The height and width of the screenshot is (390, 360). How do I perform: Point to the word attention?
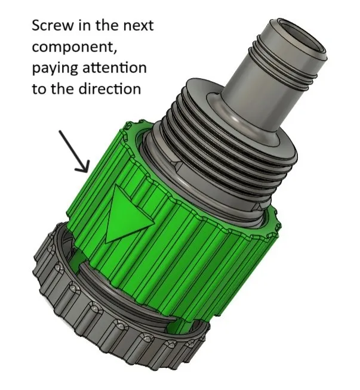[114, 67]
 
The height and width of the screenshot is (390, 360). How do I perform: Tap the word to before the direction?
[40, 89]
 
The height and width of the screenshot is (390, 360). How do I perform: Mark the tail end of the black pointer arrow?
[60, 131]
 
